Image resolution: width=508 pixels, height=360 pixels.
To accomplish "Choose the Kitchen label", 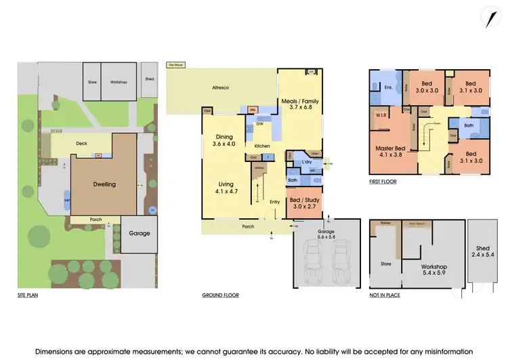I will tap(263, 146).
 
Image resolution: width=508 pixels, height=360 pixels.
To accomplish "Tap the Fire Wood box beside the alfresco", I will tap(176, 65).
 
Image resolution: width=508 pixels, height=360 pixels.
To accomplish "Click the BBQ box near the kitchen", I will tap(252, 110).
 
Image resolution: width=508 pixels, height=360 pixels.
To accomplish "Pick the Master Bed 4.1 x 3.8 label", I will tap(390, 150).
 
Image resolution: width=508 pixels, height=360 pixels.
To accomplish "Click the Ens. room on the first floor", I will tap(388, 87).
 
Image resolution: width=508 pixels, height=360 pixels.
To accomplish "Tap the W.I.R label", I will tap(381, 115).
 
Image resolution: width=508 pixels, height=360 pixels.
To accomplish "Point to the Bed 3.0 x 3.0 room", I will tap(427, 87).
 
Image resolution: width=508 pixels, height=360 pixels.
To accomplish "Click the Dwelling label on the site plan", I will tap(104, 184).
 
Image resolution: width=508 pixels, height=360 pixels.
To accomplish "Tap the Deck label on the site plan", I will tap(82, 144).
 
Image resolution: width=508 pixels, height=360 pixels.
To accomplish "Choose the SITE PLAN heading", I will tap(28, 296).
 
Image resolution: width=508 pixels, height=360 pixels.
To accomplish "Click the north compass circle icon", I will tap(491, 18).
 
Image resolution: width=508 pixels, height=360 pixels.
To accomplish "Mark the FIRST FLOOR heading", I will tap(383, 182).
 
